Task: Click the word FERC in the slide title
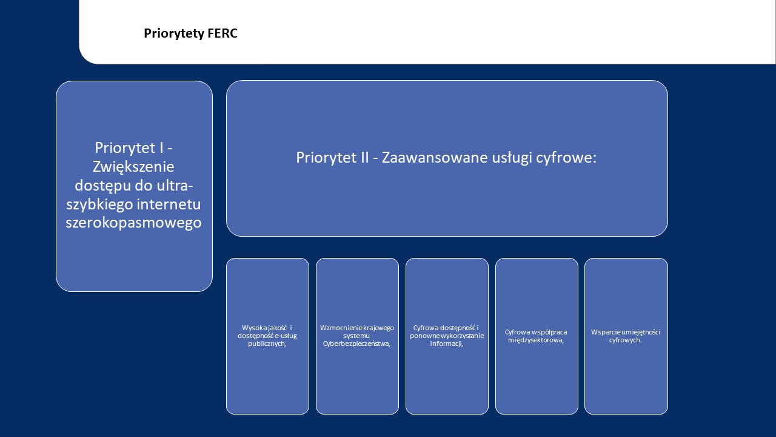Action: (222, 33)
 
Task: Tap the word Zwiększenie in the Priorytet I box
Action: (134, 166)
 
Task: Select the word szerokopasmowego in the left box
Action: (134, 223)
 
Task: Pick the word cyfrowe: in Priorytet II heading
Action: (566, 157)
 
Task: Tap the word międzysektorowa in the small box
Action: (535, 340)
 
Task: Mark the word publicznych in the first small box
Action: (267, 344)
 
